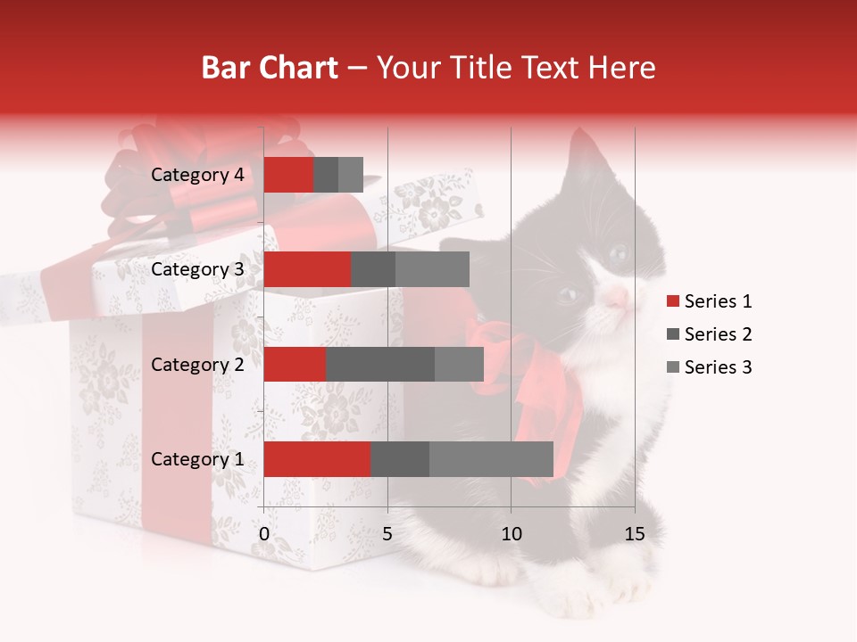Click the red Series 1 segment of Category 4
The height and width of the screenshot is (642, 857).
288,175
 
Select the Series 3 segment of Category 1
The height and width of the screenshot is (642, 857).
491,459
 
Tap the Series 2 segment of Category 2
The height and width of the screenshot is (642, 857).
379,364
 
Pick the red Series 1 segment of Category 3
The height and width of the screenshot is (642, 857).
307,269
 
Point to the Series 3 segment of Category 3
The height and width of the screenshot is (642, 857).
432,269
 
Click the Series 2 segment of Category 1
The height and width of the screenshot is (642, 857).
399,459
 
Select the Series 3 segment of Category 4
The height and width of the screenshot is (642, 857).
351,175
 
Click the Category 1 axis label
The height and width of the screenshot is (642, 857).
197,459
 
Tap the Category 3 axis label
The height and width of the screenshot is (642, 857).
197,269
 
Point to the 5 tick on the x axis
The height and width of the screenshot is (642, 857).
387,534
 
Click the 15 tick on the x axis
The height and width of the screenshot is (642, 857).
635,534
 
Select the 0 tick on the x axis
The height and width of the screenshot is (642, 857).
264,534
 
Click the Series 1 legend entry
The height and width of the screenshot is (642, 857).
718,301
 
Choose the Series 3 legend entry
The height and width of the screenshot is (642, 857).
718,367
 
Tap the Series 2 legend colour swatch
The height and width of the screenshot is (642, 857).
673,334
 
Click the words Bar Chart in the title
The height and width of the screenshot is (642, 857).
270,68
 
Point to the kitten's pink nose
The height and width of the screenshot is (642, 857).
617,299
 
